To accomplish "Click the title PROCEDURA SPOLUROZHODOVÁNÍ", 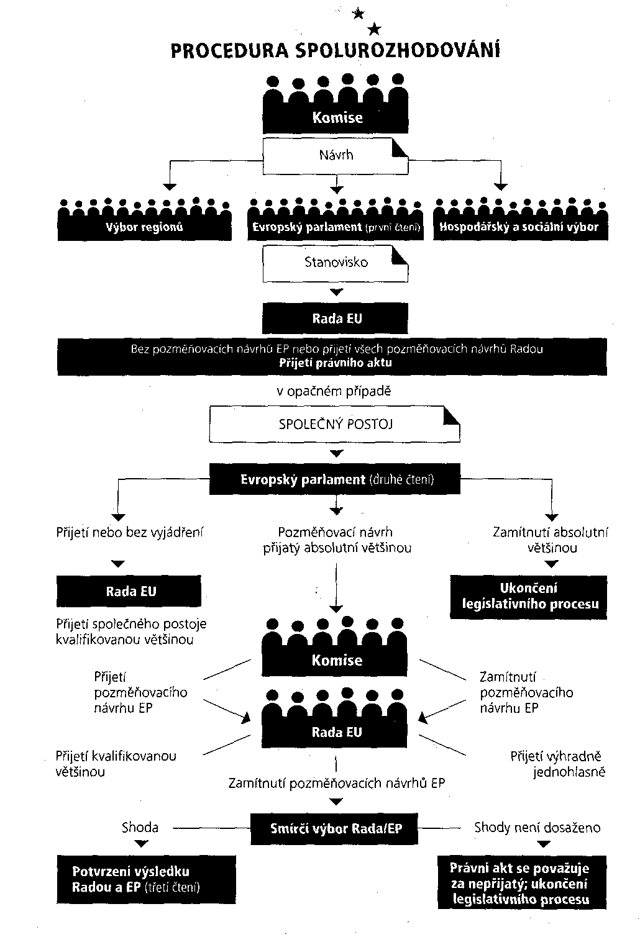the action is (x=336, y=50).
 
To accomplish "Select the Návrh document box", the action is (x=336, y=156).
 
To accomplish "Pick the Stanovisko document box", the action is (x=336, y=263).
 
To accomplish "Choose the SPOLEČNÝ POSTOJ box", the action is (x=334, y=424).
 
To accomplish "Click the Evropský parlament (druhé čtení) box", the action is (x=334, y=479).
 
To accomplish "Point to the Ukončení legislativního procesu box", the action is (x=528, y=597).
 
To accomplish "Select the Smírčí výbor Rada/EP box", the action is (x=334, y=829).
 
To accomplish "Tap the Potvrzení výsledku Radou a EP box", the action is (x=146, y=879).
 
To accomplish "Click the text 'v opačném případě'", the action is (x=334, y=391).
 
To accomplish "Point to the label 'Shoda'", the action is (x=140, y=827).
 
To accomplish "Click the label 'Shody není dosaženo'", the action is (x=537, y=828).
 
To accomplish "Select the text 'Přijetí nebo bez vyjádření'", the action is (x=130, y=532).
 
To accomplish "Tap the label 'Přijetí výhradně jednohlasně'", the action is (x=557, y=764).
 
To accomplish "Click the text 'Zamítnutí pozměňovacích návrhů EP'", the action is (x=337, y=783).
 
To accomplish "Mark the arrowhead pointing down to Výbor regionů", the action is (x=170, y=187).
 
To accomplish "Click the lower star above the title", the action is (x=374, y=29).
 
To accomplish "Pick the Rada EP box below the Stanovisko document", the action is (x=336, y=318).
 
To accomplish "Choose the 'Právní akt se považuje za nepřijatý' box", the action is (x=522, y=884).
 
